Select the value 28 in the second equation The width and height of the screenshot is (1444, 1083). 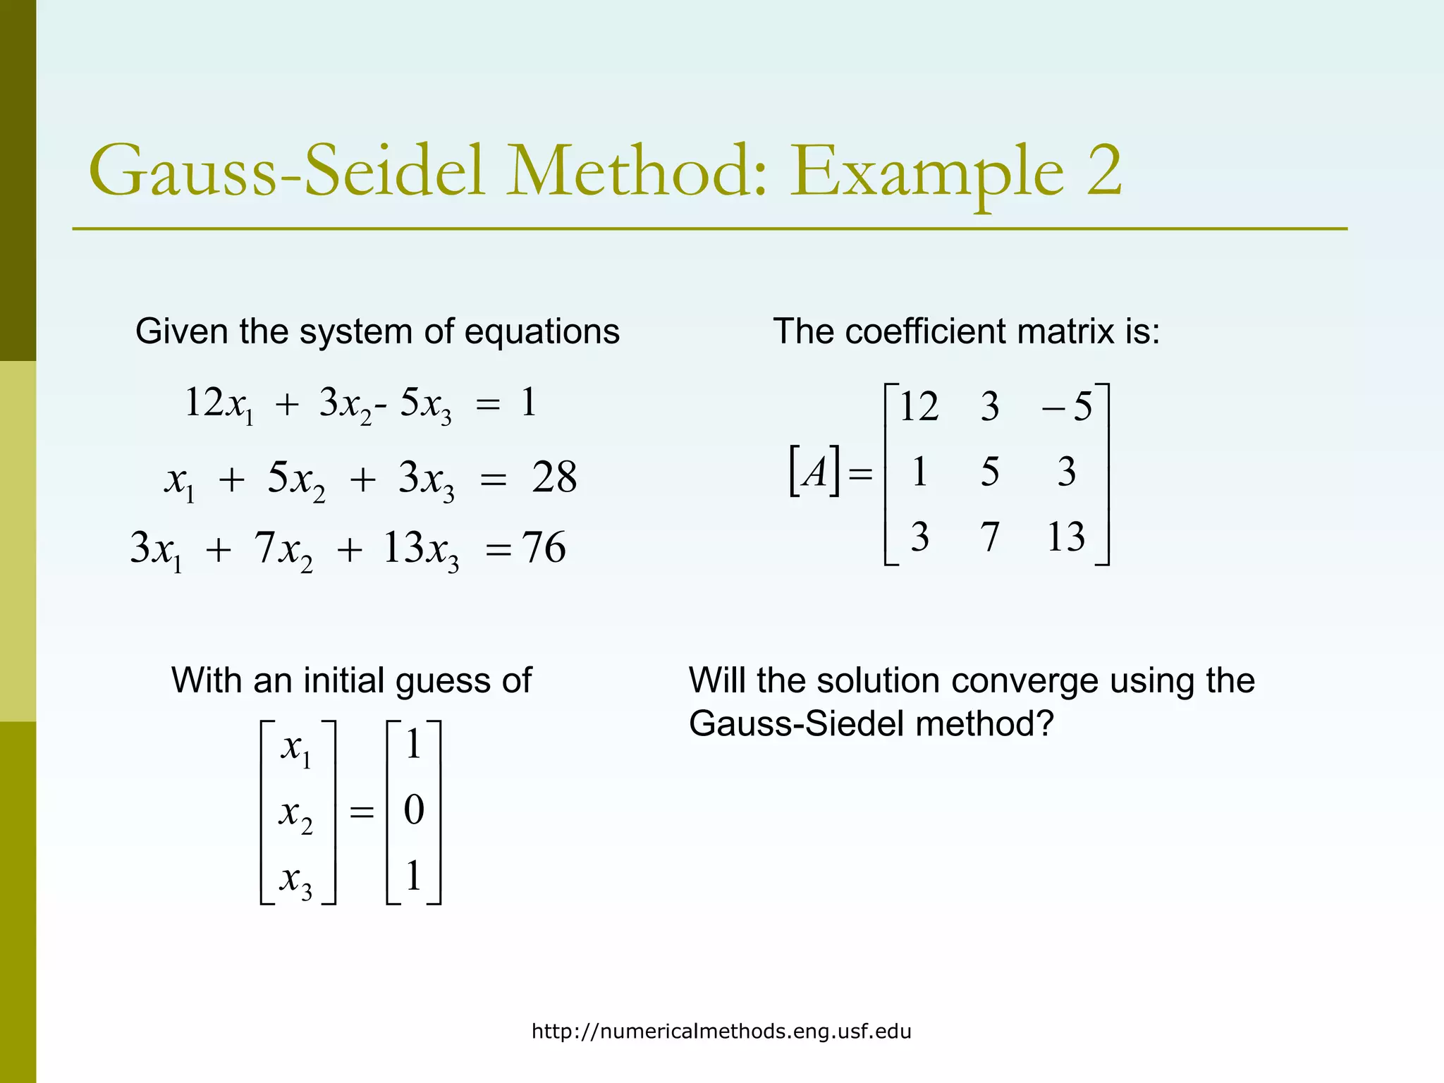tap(554, 477)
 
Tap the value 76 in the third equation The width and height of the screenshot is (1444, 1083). tap(544, 548)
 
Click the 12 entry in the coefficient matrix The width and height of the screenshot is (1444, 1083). tap(919, 407)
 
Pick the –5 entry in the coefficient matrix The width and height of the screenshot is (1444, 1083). tap(1067, 407)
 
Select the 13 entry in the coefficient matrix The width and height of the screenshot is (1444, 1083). tap(1065, 537)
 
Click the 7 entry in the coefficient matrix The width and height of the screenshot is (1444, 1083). tap(990, 537)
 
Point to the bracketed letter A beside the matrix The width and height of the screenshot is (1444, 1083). tap(815, 471)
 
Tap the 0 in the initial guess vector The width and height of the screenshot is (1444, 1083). tap(414, 810)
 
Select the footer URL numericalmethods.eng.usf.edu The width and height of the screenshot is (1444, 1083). tap(721, 1032)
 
